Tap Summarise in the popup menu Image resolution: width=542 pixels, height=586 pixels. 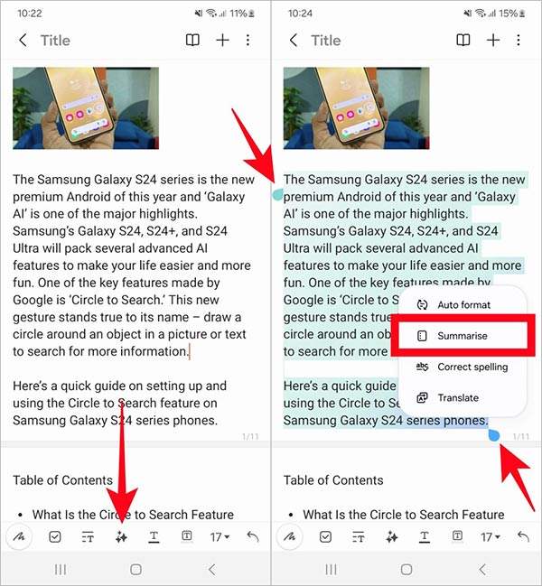(x=462, y=336)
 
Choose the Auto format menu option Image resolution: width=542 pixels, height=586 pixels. (x=463, y=305)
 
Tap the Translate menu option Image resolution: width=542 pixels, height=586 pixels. (x=457, y=398)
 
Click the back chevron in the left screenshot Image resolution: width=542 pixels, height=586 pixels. (x=23, y=41)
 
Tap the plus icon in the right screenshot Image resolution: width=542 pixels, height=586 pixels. (x=493, y=41)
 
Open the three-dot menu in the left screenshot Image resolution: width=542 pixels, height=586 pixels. (x=248, y=41)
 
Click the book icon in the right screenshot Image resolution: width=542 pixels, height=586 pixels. (x=463, y=41)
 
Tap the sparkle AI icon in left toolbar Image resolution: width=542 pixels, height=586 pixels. (x=121, y=536)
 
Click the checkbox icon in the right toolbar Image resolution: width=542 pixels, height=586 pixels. (x=325, y=536)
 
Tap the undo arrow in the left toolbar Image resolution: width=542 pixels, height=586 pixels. (x=252, y=536)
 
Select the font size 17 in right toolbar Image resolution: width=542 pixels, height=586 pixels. (x=490, y=536)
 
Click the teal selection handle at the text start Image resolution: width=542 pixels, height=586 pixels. (x=278, y=194)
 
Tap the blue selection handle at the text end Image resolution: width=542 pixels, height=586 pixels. (x=493, y=436)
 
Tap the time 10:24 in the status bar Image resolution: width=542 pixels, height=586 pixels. (x=299, y=14)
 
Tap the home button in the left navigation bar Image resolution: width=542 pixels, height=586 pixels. (x=135, y=570)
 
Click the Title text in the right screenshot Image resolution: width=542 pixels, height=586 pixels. (x=326, y=41)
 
